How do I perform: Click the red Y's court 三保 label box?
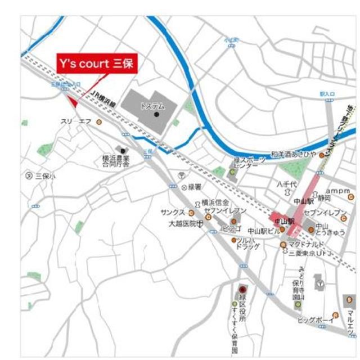[x=96, y=64]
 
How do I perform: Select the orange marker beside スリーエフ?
[x=99, y=121]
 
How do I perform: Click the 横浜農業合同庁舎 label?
[x=115, y=161]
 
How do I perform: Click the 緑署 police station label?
[x=195, y=186]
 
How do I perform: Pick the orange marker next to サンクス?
[x=191, y=213]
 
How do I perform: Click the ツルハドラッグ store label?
[x=247, y=244]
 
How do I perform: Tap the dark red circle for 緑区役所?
[x=242, y=289]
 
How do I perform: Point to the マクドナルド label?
[x=307, y=244]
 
